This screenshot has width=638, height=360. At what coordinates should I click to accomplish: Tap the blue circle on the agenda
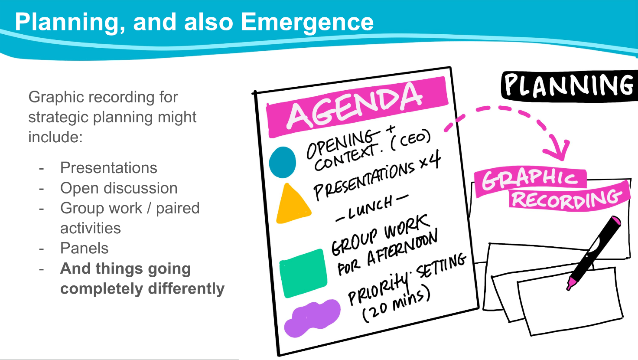[x=282, y=162]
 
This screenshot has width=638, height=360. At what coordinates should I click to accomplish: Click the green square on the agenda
[x=303, y=273]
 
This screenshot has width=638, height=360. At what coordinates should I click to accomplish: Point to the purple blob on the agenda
[x=312, y=318]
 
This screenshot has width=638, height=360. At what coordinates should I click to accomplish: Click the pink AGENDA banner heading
[x=357, y=107]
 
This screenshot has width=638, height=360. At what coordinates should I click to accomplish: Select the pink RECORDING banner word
[x=569, y=197]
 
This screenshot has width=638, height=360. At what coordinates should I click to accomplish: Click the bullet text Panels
[x=85, y=248]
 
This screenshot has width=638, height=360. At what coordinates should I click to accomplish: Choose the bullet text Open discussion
[x=119, y=188]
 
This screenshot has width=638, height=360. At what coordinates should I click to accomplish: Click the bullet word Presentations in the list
[x=108, y=167]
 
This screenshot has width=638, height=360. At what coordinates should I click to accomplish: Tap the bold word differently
[x=186, y=289]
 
